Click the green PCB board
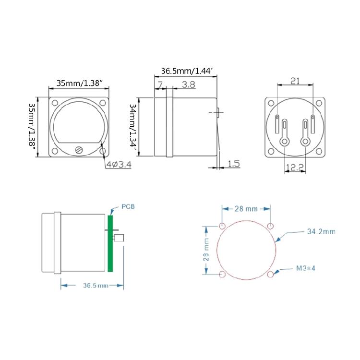[110, 243]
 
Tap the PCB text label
[128, 206]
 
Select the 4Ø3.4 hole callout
[119, 164]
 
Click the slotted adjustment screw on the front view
[79, 150]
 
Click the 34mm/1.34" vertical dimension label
[133, 127]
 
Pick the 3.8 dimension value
[189, 84]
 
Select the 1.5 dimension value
[234, 164]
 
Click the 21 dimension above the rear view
[295, 81]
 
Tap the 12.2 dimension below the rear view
[295, 168]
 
